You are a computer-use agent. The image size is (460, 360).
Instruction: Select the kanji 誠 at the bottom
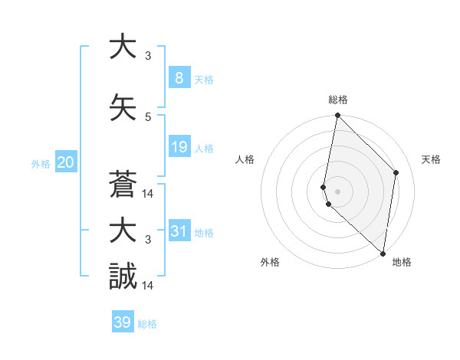coord(123,277)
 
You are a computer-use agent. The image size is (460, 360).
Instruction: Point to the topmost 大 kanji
coord(123,47)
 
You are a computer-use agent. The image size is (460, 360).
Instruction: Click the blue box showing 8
coord(179,78)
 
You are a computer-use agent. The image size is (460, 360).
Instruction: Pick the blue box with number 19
coord(179,147)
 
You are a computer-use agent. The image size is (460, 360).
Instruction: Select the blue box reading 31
coord(179,231)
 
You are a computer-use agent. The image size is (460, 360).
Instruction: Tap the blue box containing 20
coord(65,162)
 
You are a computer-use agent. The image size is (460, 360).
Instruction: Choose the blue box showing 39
coord(123,322)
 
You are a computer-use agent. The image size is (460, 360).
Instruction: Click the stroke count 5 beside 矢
coord(148,116)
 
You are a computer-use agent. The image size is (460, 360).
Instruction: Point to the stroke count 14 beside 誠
coord(148,286)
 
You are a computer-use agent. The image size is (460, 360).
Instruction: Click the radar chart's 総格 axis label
coord(338,100)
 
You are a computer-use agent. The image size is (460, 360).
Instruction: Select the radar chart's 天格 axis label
coord(432,159)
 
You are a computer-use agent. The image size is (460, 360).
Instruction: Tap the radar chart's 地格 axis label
coord(402,262)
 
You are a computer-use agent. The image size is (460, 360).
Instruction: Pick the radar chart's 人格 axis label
coord(245,159)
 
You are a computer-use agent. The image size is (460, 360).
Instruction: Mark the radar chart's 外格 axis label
coord(270,262)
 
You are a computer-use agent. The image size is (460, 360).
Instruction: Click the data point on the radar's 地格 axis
coord(383,254)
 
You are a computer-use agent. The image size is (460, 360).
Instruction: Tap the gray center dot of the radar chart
coord(338,189)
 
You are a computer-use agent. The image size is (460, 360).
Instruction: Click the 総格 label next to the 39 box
coord(147,324)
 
